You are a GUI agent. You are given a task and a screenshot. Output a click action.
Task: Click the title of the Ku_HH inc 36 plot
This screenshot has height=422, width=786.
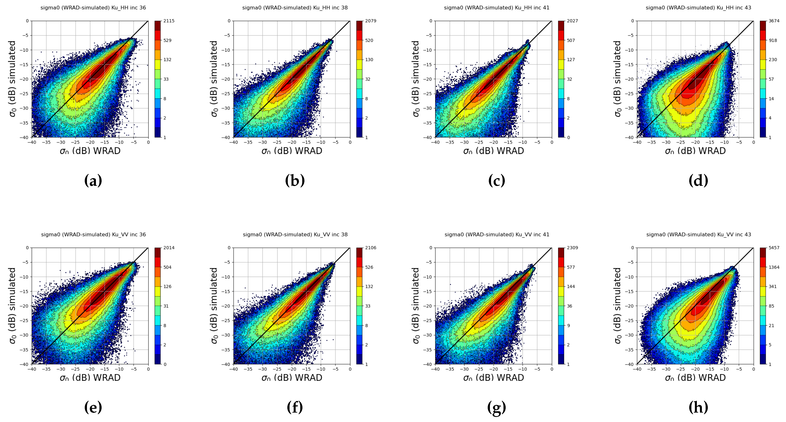(x=93, y=8)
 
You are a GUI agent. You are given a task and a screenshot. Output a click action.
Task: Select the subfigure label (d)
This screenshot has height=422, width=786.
(x=698, y=181)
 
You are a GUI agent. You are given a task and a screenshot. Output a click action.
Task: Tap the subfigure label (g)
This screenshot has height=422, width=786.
(x=496, y=407)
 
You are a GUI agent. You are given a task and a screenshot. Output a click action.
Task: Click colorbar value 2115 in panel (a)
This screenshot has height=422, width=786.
(x=169, y=21)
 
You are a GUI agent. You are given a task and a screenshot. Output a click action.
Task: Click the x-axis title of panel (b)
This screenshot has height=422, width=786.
(x=292, y=151)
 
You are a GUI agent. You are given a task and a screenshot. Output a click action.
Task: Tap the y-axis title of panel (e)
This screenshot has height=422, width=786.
(x=12, y=306)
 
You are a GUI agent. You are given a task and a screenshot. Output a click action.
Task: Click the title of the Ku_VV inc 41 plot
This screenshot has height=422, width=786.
(x=497, y=234)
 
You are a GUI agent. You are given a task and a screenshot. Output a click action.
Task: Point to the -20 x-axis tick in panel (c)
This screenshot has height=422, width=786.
(x=494, y=142)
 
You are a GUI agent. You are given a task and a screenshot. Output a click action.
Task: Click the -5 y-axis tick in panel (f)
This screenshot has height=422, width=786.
(x=228, y=262)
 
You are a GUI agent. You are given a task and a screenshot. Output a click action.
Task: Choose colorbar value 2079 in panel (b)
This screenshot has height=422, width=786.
(x=370, y=21)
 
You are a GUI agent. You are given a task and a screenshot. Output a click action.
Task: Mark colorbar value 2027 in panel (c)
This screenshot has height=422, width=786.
(x=572, y=21)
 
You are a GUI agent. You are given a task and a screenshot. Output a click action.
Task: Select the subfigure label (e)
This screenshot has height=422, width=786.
(x=93, y=407)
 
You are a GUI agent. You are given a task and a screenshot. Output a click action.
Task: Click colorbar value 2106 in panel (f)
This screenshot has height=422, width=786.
(x=370, y=248)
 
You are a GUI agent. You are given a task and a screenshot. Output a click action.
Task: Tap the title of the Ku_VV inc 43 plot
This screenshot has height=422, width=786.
(x=698, y=234)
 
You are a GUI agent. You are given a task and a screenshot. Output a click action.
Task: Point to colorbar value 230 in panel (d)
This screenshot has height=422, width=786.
(x=773, y=60)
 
